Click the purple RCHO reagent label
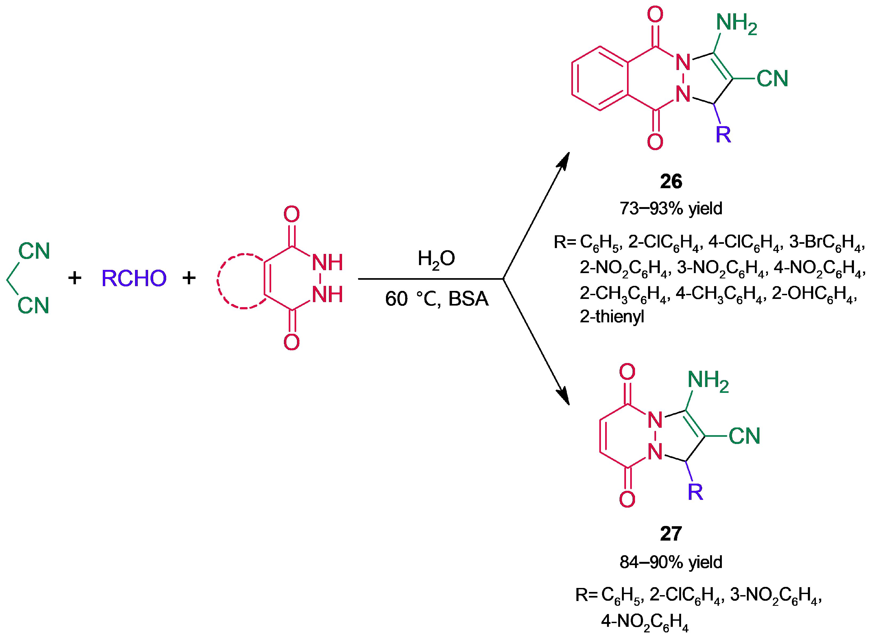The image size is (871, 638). [x=134, y=278]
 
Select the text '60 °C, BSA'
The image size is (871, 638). [x=436, y=299]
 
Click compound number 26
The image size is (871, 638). [x=671, y=181]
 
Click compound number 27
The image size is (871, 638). [x=671, y=533]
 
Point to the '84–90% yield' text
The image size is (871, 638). [x=671, y=562]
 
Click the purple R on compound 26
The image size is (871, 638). [x=723, y=134]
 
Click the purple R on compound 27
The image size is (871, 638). [x=695, y=492]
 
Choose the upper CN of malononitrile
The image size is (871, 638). [x=34, y=251]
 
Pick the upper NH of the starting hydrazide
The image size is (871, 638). [x=327, y=263]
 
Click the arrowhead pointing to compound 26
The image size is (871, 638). [x=564, y=160]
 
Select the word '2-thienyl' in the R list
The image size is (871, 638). [x=612, y=316]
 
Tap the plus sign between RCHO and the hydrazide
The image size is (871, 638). [x=189, y=278]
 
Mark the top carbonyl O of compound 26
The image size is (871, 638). [x=655, y=15]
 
